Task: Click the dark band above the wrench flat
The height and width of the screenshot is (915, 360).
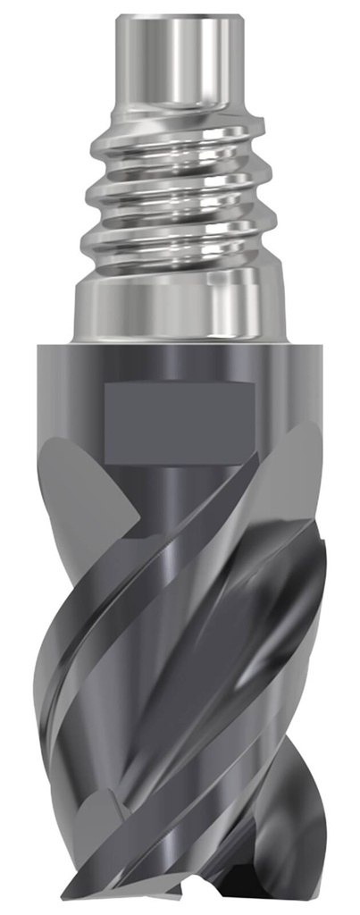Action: [x=179, y=362]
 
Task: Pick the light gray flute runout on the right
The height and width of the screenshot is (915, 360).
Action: [x=299, y=474]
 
